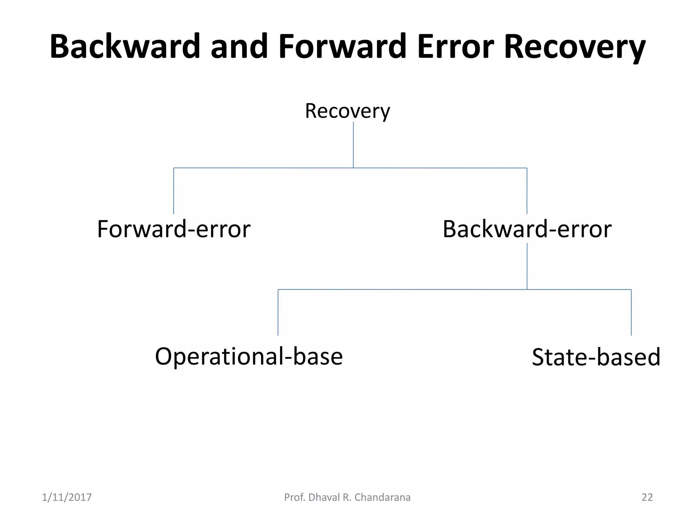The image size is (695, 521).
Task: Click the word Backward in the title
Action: (125, 46)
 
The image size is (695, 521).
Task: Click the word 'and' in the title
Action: (239, 46)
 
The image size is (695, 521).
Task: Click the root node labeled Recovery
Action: (347, 111)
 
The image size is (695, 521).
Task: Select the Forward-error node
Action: (174, 229)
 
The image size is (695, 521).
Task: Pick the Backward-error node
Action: (527, 229)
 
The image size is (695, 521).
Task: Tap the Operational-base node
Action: (249, 356)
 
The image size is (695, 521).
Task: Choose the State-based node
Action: (596, 357)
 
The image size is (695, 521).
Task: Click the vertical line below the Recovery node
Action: (353, 145)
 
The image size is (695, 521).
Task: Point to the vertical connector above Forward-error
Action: (174, 191)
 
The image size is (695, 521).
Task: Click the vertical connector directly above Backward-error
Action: (527, 191)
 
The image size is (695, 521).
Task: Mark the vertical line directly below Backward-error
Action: (527, 266)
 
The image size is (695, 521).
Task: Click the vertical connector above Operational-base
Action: (278, 312)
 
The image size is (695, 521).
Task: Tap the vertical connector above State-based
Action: (631, 312)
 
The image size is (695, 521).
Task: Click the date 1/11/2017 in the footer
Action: (67, 497)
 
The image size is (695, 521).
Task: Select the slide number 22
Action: (647, 497)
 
